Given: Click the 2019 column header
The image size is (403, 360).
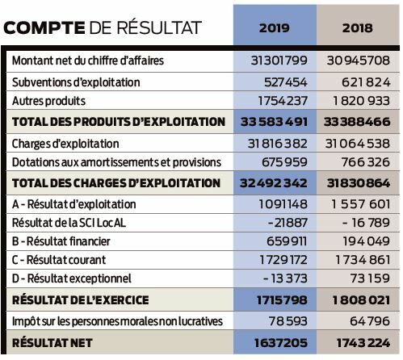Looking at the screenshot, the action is (275, 28).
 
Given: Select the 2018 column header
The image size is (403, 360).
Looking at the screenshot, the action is (358, 28).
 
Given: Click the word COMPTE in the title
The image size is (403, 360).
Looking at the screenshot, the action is (44, 27).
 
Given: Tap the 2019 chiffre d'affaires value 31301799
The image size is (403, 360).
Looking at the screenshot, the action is (279, 61).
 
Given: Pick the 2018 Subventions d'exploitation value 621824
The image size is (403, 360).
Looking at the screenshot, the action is (366, 82).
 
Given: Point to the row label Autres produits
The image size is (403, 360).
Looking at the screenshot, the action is (48, 101).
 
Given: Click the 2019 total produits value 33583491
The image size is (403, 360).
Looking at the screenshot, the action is (274, 122).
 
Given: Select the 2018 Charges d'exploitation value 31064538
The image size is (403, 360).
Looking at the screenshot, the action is (358, 144).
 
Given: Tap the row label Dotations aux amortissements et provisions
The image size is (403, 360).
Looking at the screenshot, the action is (116, 162).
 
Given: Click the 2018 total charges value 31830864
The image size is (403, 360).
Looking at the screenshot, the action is (359, 183).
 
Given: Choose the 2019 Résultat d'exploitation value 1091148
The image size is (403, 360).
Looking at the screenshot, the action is (283, 204).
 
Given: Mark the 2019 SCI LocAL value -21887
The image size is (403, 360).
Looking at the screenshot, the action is (288, 223).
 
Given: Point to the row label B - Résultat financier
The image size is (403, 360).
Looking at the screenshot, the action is (61, 241).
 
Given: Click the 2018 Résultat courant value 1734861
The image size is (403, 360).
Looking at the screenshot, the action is (363, 260).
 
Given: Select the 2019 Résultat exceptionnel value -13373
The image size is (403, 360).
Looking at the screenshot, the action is (285, 278).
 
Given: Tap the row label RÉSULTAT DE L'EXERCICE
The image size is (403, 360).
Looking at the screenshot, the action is (81, 300).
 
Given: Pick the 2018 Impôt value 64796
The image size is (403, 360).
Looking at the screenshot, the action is (370, 321).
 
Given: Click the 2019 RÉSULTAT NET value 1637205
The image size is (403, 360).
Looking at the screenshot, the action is (281, 343).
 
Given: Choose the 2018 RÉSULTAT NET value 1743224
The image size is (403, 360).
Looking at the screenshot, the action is (363, 343).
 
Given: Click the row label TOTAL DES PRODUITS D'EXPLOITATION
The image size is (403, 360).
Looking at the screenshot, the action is (119, 122).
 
